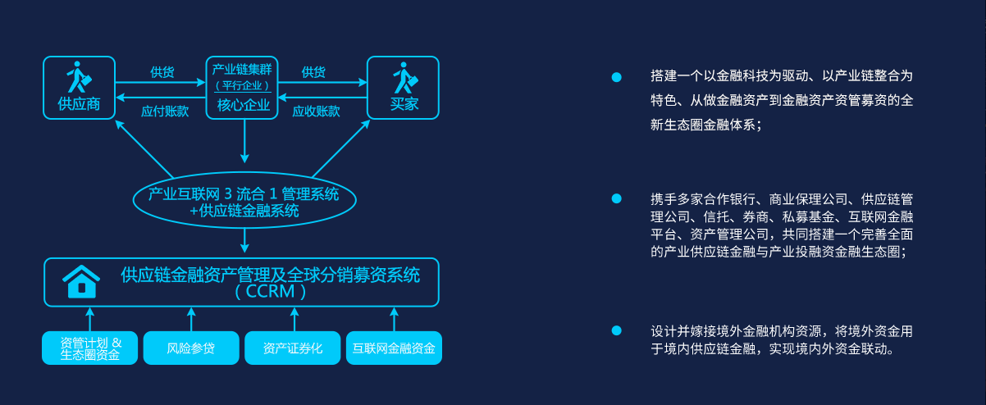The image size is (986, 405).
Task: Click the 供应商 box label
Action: (x=79, y=104)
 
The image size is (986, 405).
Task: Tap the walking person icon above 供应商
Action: (x=79, y=77)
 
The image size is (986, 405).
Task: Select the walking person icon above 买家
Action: (x=404, y=77)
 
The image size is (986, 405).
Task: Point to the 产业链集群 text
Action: (x=243, y=69)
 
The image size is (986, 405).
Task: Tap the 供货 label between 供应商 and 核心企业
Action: (x=162, y=72)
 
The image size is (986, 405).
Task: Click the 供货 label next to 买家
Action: (x=313, y=72)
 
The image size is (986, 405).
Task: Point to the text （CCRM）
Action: (x=270, y=291)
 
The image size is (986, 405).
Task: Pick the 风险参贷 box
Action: (x=190, y=348)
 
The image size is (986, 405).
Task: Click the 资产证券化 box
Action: (x=293, y=348)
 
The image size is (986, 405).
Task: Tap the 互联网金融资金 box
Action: (x=394, y=348)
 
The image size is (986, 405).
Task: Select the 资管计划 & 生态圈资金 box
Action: (x=90, y=348)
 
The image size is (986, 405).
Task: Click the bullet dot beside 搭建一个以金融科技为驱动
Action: (x=617, y=77)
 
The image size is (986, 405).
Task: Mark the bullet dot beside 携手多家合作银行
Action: (x=617, y=198)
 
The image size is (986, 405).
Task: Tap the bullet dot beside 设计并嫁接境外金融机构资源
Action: (x=617, y=330)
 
